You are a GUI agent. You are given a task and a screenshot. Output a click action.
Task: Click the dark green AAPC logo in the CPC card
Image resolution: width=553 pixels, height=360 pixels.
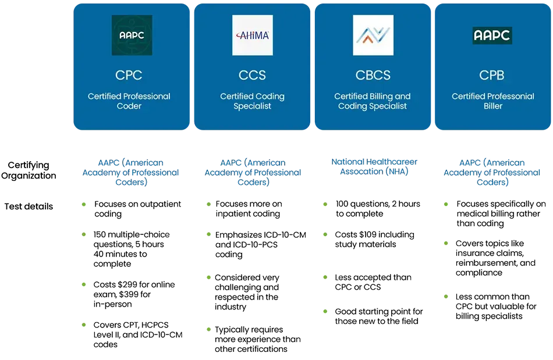click(x=132, y=35)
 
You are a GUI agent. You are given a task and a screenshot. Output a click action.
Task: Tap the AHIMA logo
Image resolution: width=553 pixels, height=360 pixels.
click(x=252, y=35)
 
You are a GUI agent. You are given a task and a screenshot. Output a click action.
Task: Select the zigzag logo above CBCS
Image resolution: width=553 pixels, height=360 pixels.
click(x=373, y=35)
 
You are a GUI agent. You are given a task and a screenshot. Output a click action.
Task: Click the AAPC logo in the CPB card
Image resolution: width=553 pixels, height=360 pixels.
click(x=492, y=35)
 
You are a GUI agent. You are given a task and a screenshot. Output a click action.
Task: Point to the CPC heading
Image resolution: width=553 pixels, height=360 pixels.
click(x=129, y=75)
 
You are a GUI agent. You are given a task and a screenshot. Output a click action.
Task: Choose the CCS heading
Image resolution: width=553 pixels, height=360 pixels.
click(x=252, y=75)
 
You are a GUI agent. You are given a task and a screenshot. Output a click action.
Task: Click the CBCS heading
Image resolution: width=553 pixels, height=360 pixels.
click(x=373, y=75)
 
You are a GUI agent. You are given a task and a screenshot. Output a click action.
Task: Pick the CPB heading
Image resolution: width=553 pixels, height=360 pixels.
click(x=492, y=75)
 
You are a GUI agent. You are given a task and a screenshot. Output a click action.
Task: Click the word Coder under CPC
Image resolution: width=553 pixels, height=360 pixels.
click(x=129, y=106)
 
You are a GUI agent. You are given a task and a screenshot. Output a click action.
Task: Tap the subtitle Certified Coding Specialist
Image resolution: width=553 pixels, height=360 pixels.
click(x=252, y=101)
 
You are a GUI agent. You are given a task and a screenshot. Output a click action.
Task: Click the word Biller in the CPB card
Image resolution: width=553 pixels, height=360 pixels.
click(x=492, y=106)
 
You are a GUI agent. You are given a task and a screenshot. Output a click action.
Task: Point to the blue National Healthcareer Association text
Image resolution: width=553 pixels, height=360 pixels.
click(x=374, y=167)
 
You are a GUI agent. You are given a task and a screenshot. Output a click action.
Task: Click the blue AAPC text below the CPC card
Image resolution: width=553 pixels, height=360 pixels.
click(x=132, y=173)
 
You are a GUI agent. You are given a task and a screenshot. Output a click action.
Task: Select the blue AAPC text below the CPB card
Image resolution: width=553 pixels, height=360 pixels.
click(x=492, y=173)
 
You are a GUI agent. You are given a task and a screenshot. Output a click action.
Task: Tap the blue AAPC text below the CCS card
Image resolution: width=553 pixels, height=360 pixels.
click(x=253, y=173)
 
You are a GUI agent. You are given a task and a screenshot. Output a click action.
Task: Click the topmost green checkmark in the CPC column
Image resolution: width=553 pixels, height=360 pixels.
click(x=84, y=205)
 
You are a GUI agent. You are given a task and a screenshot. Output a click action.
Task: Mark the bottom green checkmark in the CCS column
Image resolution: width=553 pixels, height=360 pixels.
click(x=208, y=330)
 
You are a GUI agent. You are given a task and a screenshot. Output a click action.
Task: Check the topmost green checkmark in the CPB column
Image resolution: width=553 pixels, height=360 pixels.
click(x=446, y=205)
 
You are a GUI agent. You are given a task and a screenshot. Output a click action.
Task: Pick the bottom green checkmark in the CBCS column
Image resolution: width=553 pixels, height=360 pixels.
click(x=325, y=312)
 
